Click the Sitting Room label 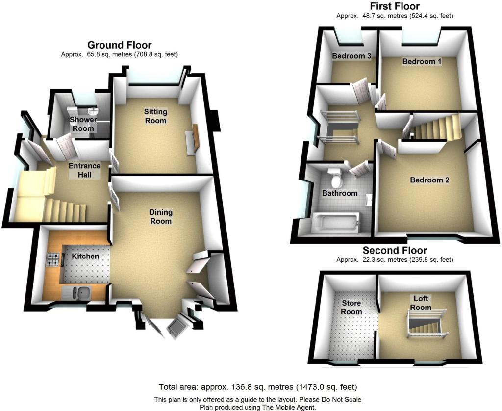[155, 116]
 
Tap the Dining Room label [161, 217]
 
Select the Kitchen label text [85, 257]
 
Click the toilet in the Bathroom [335, 178]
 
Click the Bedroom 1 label [422, 61]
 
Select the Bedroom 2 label [429, 180]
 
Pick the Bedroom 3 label [351, 56]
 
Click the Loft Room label [421, 303]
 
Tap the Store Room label [351, 308]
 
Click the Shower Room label [83, 124]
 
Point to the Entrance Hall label [84, 170]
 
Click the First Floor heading [395, 6]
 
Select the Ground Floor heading [120, 45]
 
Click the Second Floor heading [395, 250]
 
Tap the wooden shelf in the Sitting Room [196, 138]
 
